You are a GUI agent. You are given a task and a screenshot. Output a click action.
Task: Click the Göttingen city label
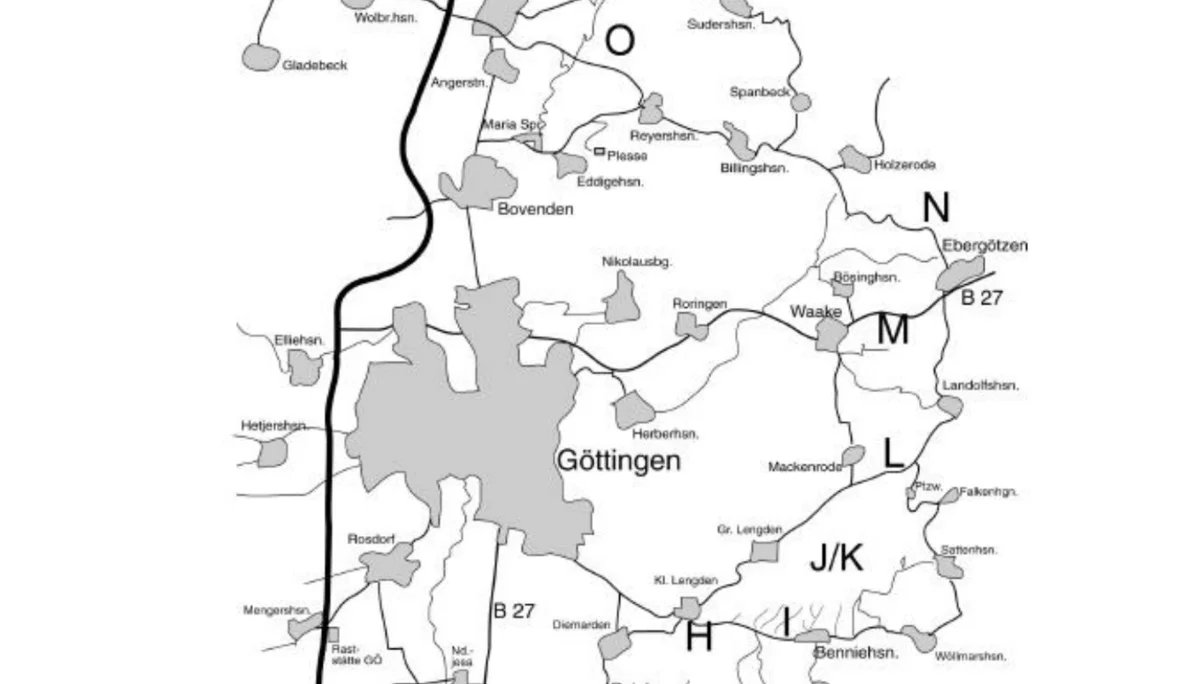click(x=618, y=461)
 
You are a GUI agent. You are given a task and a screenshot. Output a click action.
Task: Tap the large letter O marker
click(x=620, y=41)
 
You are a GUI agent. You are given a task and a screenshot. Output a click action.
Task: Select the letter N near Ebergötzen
click(x=936, y=208)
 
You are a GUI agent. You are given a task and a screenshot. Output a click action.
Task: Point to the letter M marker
click(x=892, y=330)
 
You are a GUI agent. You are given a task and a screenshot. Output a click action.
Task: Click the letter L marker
click(x=893, y=454)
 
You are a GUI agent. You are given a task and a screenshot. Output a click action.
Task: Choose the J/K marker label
click(x=836, y=559)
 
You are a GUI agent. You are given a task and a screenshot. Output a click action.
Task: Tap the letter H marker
click(x=698, y=636)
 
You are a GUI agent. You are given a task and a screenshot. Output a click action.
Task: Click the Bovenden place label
click(x=536, y=210)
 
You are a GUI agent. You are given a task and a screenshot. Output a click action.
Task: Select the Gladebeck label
click(x=315, y=65)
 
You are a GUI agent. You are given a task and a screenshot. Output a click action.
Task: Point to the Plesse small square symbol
click(x=599, y=152)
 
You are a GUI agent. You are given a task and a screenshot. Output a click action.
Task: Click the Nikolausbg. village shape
click(x=623, y=299)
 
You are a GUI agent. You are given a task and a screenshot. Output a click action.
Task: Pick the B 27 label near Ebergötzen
click(x=981, y=298)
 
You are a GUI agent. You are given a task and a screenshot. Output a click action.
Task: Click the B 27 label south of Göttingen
click(x=514, y=611)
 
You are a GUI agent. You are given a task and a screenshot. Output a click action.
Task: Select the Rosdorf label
click(x=371, y=540)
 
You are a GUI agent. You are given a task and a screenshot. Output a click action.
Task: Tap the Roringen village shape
click(x=691, y=325)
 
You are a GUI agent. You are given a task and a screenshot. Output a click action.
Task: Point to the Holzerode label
click(x=904, y=165)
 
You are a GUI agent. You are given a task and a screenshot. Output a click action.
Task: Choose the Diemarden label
click(x=581, y=625)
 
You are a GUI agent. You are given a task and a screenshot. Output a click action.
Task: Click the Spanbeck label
click(x=759, y=92)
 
